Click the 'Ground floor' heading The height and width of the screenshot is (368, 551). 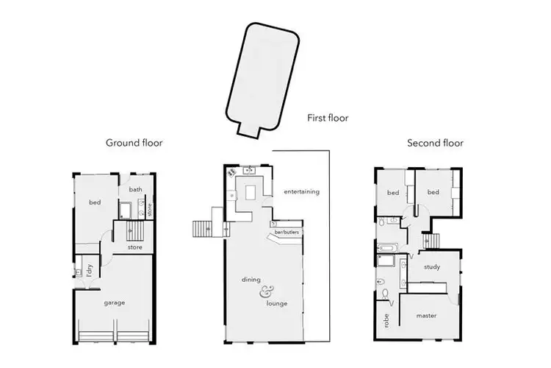coord(134,143)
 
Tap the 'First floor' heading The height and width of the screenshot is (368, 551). coord(328,117)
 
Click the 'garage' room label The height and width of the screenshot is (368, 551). coord(114,302)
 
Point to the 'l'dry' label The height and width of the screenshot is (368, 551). coord(88,270)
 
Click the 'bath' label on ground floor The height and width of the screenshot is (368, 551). coord(136,189)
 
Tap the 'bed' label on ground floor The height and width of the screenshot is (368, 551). coord(95,202)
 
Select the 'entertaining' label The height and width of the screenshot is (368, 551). coord(301,192)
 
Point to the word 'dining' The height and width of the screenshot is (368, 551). coord(252,280)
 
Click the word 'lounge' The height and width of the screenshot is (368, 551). coord(277,303)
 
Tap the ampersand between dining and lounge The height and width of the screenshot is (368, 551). coord(264,292)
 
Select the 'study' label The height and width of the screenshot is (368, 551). coord(432,267)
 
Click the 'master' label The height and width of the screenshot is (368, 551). coord(426,316)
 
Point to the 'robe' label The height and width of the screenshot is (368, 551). coord(385,321)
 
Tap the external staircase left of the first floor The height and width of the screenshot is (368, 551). coord(202,230)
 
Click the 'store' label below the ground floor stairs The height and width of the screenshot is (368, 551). coord(134,247)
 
